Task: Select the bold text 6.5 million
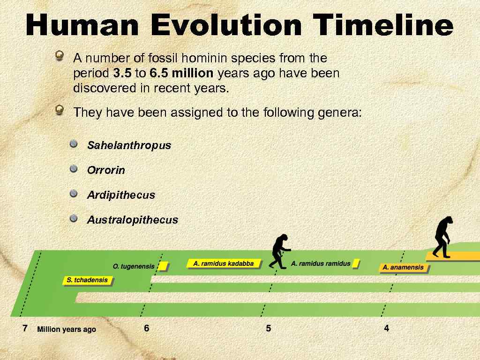click(x=181, y=74)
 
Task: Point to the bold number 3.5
click(x=122, y=74)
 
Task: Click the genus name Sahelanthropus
click(x=129, y=145)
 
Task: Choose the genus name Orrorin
click(x=106, y=170)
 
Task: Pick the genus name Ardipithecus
click(x=121, y=195)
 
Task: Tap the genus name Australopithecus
click(x=133, y=220)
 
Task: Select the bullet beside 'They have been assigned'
click(x=60, y=110)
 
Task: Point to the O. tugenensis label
click(x=134, y=266)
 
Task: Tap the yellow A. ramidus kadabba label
click(x=223, y=263)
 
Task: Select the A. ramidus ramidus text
click(x=321, y=263)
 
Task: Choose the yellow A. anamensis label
click(x=403, y=268)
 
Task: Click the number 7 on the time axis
click(x=25, y=328)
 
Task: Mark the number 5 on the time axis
click(x=268, y=329)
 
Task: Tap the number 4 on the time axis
click(x=386, y=329)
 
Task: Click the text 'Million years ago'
click(x=67, y=330)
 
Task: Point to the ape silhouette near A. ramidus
click(x=280, y=251)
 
